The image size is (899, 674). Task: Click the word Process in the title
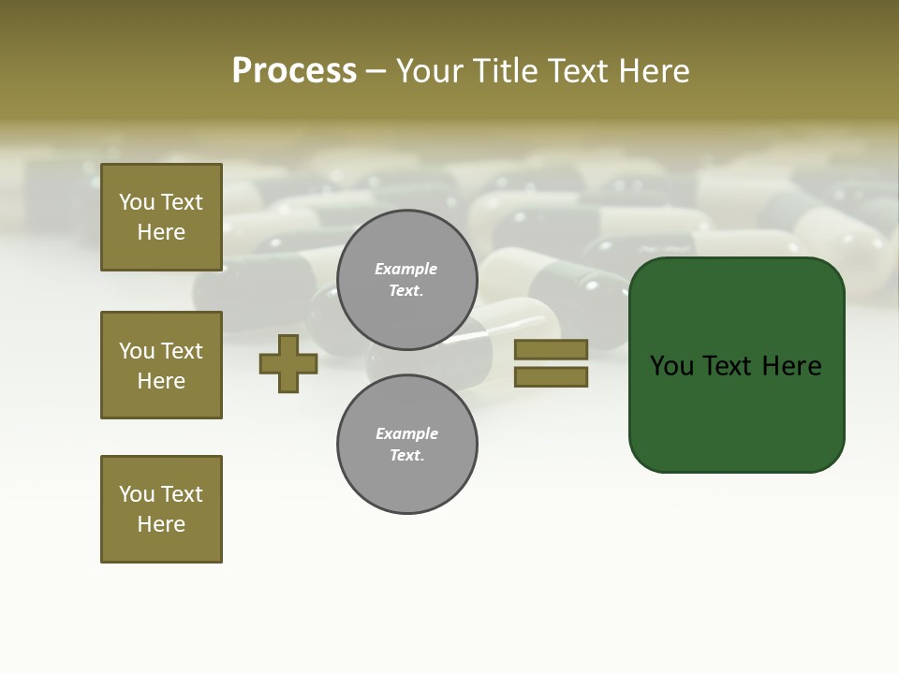click(x=294, y=71)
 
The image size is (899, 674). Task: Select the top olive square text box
click(x=161, y=217)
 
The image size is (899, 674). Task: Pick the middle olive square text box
click(x=161, y=365)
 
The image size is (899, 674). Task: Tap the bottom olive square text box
click(x=161, y=509)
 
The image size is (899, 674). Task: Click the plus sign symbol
click(x=288, y=363)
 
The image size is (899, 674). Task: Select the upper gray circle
click(x=407, y=280)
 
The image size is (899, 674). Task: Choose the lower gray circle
click(x=407, y=445)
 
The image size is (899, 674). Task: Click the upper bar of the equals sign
click(x=551, y=349)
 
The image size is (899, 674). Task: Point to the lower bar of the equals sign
click(x=551, y=377)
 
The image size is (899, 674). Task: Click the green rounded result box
click(x=736, y=365)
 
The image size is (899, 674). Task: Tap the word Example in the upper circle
click(x=406, y=269)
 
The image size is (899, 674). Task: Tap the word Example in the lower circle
click(x=406, y=433)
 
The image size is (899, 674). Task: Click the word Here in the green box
click(x=792, y=366)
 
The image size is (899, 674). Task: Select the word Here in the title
click(x=656, y=71)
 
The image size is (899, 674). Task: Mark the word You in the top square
click(x=137, y=202)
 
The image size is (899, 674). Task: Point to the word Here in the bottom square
click(x=161, y=524)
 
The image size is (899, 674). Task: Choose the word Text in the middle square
click(x=181, y=351)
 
